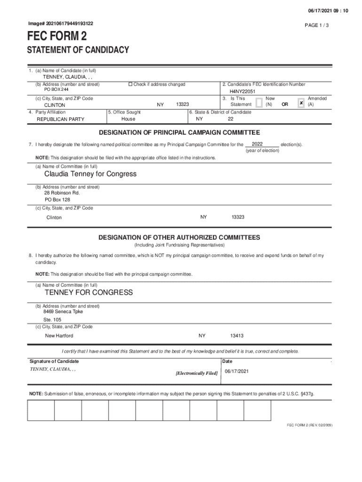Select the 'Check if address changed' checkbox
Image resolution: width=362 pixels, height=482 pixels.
[131, 84]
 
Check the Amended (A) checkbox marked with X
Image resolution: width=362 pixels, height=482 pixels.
[301, 102]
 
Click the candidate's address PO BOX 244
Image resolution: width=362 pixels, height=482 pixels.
[56, 89]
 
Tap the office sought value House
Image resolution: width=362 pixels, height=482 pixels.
[128, 119]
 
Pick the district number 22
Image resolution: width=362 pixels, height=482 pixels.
[230, 119]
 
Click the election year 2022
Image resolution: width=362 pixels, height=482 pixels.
[257, 144]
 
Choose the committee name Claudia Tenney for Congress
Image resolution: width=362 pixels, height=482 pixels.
[90, 174]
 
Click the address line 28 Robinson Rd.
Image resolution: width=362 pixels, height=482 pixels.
[62, 193]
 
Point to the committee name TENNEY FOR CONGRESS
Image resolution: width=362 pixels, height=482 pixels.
[88, 292]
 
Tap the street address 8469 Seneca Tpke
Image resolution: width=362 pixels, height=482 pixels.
[63, 312]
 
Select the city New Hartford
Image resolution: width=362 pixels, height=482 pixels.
[59, 336]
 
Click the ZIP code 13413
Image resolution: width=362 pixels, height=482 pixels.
[236, 336]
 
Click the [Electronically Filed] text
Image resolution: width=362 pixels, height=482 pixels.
[197, 373]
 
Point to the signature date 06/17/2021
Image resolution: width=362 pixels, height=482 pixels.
[236, 371]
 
